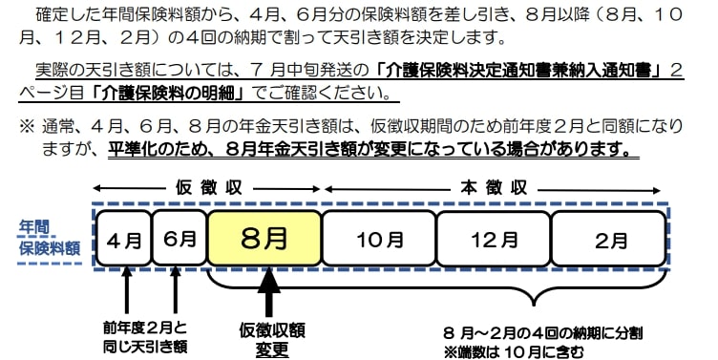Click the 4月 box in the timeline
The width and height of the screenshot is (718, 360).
tap(124, 238)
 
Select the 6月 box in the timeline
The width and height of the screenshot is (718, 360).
tap(179, 238)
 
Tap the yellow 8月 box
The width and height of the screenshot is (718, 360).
tap(264, 238)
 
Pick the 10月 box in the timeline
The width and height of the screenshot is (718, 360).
tap(379, 238)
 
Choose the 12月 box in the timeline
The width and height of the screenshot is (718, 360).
tap(493, 238)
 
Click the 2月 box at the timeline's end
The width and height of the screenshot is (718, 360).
tap(609, 238)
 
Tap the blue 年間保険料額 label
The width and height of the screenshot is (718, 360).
tap(51, 238)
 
